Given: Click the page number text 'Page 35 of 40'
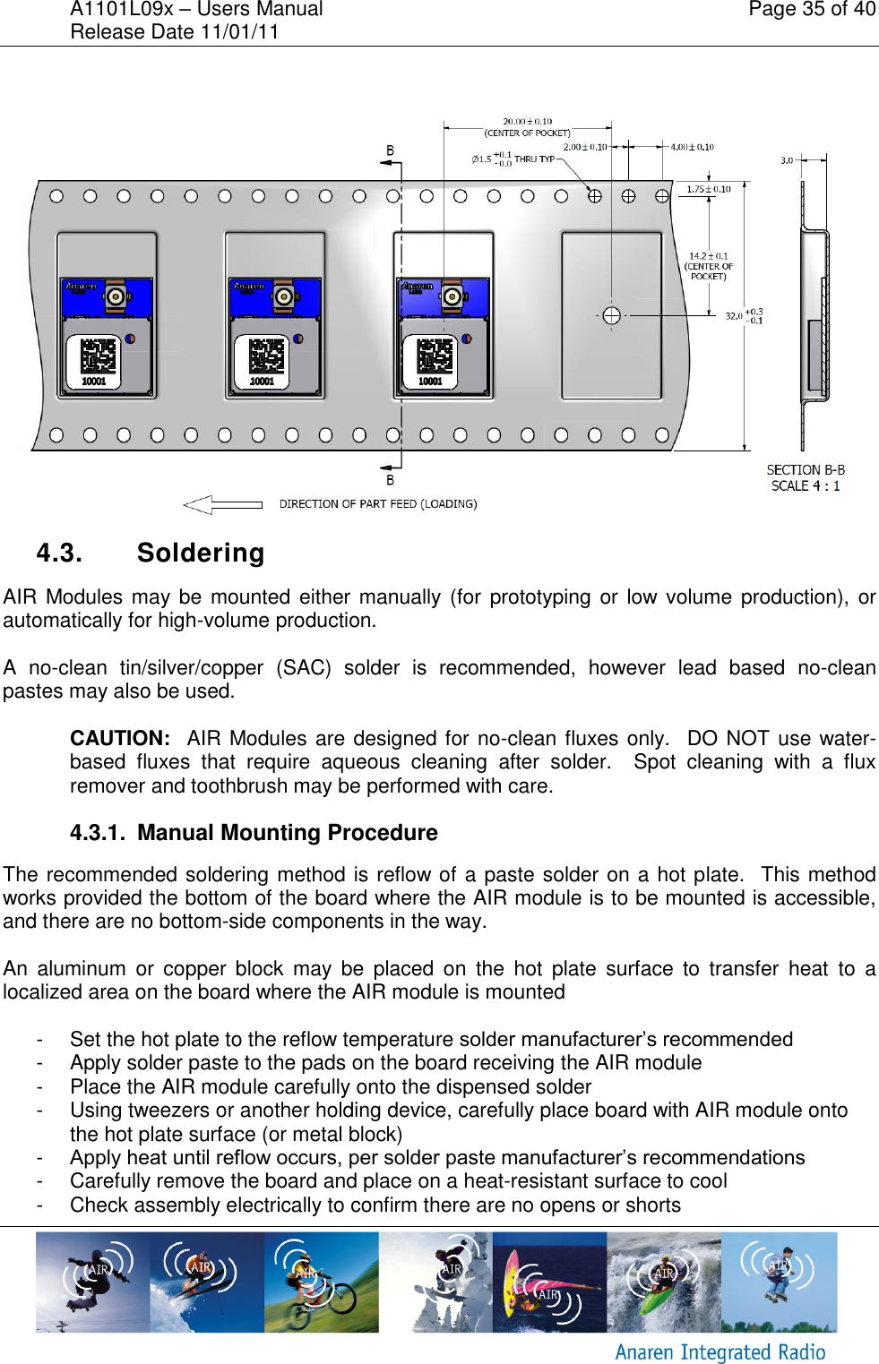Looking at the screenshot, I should coord(811,10).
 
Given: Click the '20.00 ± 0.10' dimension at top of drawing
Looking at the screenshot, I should coord(527,121).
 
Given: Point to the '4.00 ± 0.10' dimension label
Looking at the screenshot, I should coord(692,147).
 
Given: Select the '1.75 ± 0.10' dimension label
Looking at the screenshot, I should coord(708,189).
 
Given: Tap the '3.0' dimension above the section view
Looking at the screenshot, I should coord(786,160).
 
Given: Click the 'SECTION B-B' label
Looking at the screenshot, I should coord(805,470).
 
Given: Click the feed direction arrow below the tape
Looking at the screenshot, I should coord(222,504).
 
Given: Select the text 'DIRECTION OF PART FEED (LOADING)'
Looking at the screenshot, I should coord(377,504).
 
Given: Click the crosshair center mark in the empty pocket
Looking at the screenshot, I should coord(611,315).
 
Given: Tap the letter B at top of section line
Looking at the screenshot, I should coord(390,150).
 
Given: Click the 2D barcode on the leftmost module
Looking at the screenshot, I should coord(97,356).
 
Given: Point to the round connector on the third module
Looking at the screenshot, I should coord(452,296).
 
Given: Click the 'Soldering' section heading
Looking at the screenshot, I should coord(201,553).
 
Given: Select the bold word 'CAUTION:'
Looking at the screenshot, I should coord(120,739).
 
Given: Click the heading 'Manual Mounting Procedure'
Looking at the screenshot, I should coord(287,833).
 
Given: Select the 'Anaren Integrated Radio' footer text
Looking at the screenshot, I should coord(720,1351).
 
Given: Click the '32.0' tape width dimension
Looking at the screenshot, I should coord(733,316).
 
